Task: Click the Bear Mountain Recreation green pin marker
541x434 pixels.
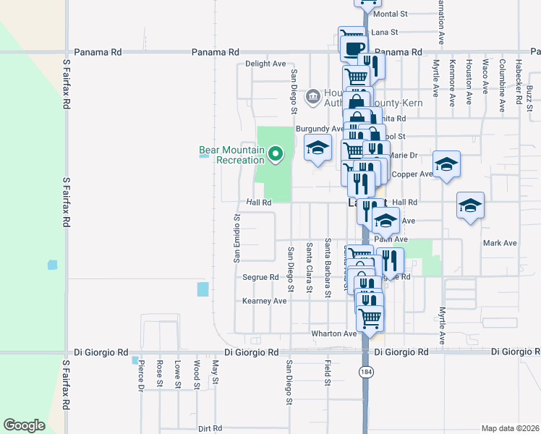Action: pyautogui.click(x=276, y=153)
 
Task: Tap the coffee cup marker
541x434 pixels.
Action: pyautogui.click(x=353, y=49)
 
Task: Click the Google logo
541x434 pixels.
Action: pyautogui.click(x=24, y=425)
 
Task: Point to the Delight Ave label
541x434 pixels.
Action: pyautogui.click(x=265, y=64)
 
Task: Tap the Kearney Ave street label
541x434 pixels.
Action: pyautogui.click(x=264, y=301)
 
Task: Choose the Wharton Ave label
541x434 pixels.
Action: pyautogui.click(x=334, y=333)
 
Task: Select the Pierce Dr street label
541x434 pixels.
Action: pyautogui.click(x=141, y=375)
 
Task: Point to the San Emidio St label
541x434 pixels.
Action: pyautogui.click(x=237, y=238)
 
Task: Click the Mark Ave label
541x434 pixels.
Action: pyautogui.click(x=500, y=243)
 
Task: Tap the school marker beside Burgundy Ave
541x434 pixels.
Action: pyautogui.click(x=317, y=148)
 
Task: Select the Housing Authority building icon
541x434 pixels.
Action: pyautogui.click(x=313, y=95)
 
